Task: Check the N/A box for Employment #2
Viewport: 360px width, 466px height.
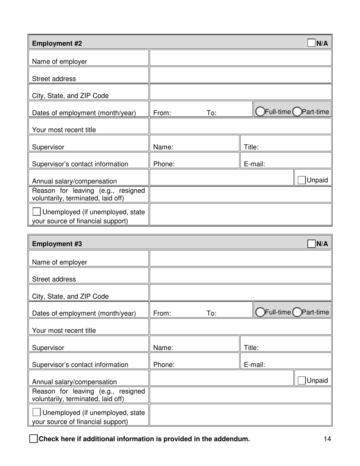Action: click(x=311, y=43)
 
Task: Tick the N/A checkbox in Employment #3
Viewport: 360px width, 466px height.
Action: click(x=311, y=243)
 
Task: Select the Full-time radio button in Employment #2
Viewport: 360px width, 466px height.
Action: click(x=260, y=111)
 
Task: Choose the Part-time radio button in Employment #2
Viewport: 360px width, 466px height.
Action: click(x=297, y=111)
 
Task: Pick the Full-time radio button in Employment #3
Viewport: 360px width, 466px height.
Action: click(x=260, y=312)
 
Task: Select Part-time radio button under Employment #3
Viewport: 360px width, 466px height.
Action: click(x=297, y=312)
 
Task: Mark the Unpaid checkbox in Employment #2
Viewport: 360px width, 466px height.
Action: click(x=302, y=180)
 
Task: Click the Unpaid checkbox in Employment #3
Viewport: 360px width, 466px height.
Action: click(x=302, y=380)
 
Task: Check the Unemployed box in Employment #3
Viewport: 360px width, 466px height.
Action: click(x=37, y=412)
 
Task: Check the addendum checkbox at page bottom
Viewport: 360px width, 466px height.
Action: click(x=33, y=439)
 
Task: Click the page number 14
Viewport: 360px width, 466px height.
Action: click(x=328, y=439)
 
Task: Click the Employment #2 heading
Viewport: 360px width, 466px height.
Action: click(x=57, y=43)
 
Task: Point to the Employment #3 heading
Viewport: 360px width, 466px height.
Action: click(x=57, y=244)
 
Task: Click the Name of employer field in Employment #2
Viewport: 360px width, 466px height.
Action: click(x=241, y=58)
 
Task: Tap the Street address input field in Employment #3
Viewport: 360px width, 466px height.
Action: click(x=241, y=275)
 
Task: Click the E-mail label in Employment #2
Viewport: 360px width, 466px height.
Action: click(x=254, y=164)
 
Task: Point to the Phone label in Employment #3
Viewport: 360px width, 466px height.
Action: click(x=164, y=365)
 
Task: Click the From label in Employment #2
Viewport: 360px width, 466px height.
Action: click(x=162, y=113)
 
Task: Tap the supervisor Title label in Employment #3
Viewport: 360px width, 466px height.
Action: click(x=251, y=347)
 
